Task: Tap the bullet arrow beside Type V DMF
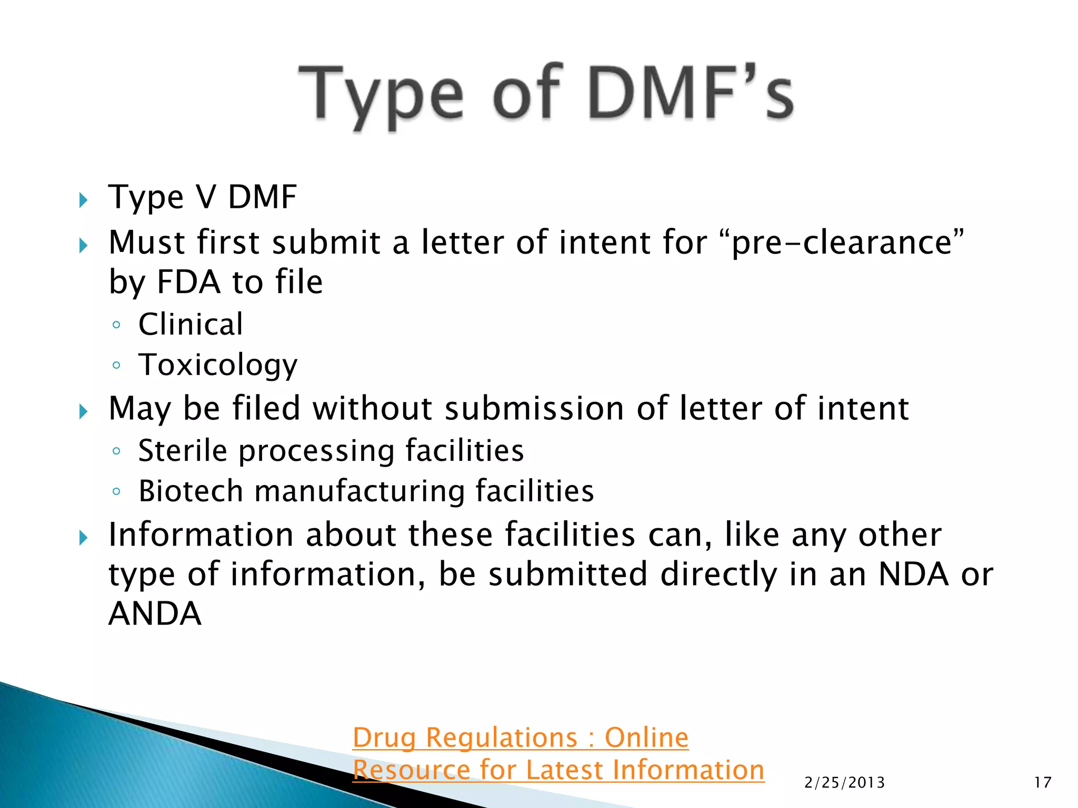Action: pyautogui.click(x=83, y=200)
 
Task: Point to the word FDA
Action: pyautogui.click(x=188, y=282)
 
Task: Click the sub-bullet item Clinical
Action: pyautogui.click(x=191, y=324)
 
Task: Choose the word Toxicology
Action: pyautogui.click(x=218, y=365)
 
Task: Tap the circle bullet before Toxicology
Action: pyautogui.click(x=116, y=365)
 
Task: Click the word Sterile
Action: pyautogui.click(x=182, y=451)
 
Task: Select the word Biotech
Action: pyautogui.click(x=191, y=491)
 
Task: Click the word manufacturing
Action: pyautogui.click(x=360, y=491)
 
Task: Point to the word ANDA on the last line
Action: pyautogui.click(x=155, y=614)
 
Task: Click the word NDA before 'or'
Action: pyautogui.click(x=914, y=574)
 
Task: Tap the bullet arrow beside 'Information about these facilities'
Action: pyautogui.click(x=83, y=538)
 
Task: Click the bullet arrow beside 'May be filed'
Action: pyautogui.click(x=83, y=411)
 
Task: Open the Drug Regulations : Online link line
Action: pyautogui.click(x=520, y=738)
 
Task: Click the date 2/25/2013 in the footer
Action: pyautogui.click(x=844, y=783)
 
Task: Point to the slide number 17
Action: pyautogui.click(x=1042, y=783)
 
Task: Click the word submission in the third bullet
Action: pyautogui.click(x=534, y=409)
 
